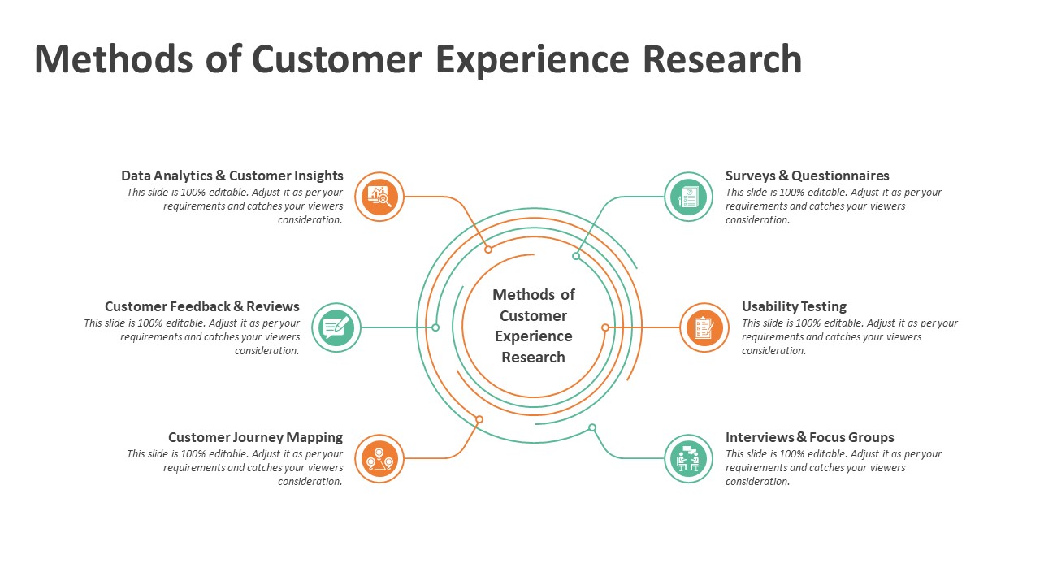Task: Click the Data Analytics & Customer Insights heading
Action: pos(232,175)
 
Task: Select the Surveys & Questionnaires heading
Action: pos(807,175)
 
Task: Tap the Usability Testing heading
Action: pos(794,306)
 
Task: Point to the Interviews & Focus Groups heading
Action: pos(809,437)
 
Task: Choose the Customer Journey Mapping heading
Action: pos(255,437)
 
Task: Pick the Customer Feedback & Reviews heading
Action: pos(202,306)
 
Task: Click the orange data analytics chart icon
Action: pos(379,197)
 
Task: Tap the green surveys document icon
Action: pos(689,197)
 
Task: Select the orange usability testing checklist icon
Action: pos(704,327)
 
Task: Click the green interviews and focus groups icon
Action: pos(689,458)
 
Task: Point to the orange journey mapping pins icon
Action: pos(379,458)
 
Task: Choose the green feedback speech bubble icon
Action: pos(336,327)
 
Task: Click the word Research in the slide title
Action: pos(722,59)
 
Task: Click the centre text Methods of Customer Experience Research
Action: pos(534,326)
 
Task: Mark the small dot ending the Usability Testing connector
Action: pos(605,327)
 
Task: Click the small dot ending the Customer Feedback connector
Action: pos(435,327)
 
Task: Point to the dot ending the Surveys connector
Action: pos(576,256)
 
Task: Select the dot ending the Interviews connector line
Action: pos(592,427)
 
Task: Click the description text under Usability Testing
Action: pos(849,336)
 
